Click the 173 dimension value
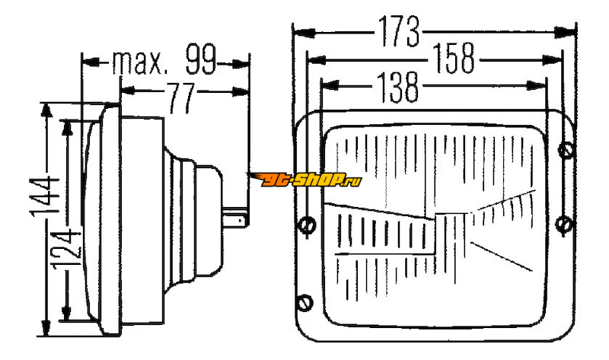coord(399,31)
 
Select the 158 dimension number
coord(453,59)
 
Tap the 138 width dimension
coord(397,88)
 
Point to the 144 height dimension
coord(45,196)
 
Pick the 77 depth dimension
coord(180,97)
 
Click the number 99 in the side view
coord(200,59)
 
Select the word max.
coord(140,62)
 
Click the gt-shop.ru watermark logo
coord(306,179)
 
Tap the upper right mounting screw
coord(566,151)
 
